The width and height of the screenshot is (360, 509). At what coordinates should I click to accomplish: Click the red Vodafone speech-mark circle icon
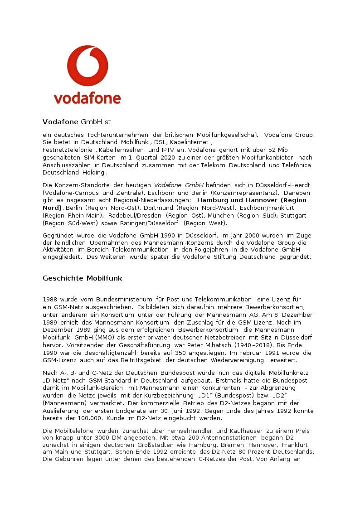tap(88, 65)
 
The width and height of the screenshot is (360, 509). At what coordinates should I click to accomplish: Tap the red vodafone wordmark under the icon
tap(88, 98)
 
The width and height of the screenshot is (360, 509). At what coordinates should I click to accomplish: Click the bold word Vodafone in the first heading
tap(61, 122)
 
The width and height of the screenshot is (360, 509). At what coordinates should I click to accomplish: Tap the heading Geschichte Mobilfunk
tap(83, 278)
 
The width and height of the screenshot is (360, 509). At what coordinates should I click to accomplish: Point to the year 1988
tap(50, 300)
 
